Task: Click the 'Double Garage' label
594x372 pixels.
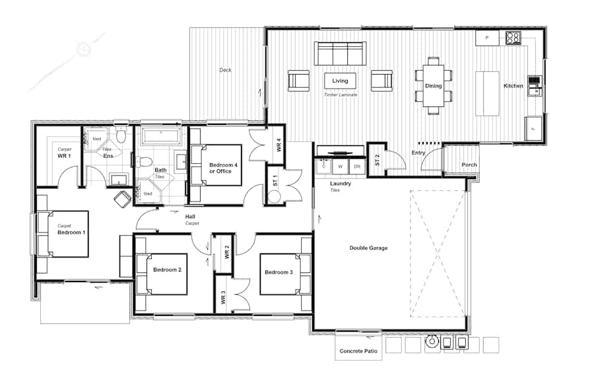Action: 368,248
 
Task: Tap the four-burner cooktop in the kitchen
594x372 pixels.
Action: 513,38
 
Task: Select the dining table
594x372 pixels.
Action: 433,86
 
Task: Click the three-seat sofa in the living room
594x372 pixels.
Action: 339,53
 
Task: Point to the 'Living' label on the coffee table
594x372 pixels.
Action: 340,81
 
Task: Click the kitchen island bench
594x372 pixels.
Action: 488,93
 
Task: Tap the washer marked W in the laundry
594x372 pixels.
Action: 341,167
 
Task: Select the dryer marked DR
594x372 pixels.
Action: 357,167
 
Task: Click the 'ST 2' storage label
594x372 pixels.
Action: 377,160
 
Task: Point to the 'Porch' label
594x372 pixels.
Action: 469,165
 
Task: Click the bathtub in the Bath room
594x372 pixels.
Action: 162,137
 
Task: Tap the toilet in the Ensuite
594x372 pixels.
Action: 120,135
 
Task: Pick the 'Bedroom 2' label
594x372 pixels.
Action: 167,270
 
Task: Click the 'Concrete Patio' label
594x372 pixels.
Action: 358,352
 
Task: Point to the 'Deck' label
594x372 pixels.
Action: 226,70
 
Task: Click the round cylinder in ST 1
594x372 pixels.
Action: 274,196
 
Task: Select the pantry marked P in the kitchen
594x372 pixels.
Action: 487,38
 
